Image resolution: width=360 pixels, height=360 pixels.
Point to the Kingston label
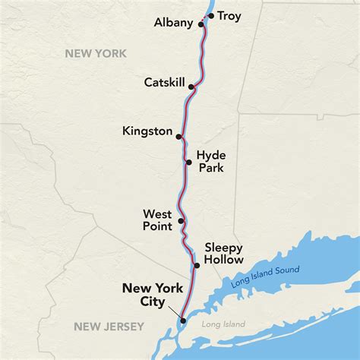[x=147, y=131]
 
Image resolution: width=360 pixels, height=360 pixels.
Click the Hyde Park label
[x=211, y=160]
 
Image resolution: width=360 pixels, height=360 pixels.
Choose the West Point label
[x=156, y=219]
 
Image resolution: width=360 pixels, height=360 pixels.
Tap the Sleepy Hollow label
[x=224, y=254]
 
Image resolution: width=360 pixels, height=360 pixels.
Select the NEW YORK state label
[x=96, y=53]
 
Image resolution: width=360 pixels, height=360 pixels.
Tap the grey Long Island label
[x=224, y=324]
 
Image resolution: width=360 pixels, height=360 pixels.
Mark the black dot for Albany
[x=201, y=24]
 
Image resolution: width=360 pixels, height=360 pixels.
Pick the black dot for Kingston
[x=178, y=137]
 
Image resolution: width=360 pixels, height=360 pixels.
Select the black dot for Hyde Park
[x=188, y=161]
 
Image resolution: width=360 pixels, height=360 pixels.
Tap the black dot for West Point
[x=181, y=222]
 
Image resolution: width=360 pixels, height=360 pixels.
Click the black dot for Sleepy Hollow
[x=197, y=265]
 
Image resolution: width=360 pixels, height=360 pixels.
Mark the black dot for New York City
[x=183, y=321]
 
